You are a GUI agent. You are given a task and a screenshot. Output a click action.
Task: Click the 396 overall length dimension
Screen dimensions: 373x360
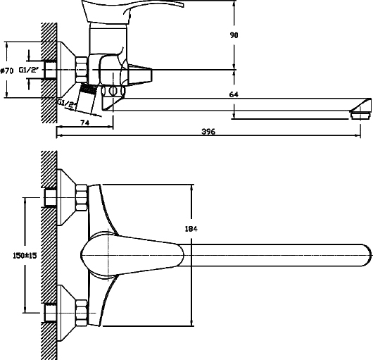208,132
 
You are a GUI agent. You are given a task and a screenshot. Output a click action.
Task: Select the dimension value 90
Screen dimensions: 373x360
234,35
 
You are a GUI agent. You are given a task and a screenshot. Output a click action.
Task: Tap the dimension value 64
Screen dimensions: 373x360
234,94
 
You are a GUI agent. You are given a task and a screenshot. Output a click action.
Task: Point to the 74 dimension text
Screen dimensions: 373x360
85,123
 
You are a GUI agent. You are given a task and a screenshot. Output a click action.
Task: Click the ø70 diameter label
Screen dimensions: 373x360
7,70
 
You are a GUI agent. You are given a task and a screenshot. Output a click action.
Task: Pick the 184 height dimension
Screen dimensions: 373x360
191,229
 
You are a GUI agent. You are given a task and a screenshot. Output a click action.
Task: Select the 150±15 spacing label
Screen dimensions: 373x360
25,256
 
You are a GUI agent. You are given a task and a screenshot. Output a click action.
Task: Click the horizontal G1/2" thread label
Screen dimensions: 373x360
29,70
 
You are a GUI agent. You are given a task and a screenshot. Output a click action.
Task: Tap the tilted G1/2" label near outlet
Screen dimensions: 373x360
67,104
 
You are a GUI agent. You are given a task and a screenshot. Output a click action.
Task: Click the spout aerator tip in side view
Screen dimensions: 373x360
360,114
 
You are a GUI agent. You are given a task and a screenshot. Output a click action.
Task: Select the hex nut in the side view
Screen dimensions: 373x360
82,70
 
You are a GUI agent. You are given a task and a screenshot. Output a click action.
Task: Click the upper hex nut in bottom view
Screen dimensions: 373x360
82,198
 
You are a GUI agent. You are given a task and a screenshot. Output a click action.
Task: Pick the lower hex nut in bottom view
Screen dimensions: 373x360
82,313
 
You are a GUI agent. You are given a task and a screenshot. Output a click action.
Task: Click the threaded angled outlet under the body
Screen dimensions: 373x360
86,98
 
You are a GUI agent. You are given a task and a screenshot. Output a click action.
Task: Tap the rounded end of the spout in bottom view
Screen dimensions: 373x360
367,255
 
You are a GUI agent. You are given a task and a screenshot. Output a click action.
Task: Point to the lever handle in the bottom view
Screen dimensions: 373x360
132,255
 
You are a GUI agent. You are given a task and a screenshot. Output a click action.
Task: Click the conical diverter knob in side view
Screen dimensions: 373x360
140,74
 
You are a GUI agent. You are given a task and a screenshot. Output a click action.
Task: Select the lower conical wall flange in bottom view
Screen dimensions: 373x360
67,313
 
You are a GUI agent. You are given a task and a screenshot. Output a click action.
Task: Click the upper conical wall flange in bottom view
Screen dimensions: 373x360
67,197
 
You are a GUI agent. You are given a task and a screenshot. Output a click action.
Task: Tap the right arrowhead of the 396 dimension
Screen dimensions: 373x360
358,135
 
